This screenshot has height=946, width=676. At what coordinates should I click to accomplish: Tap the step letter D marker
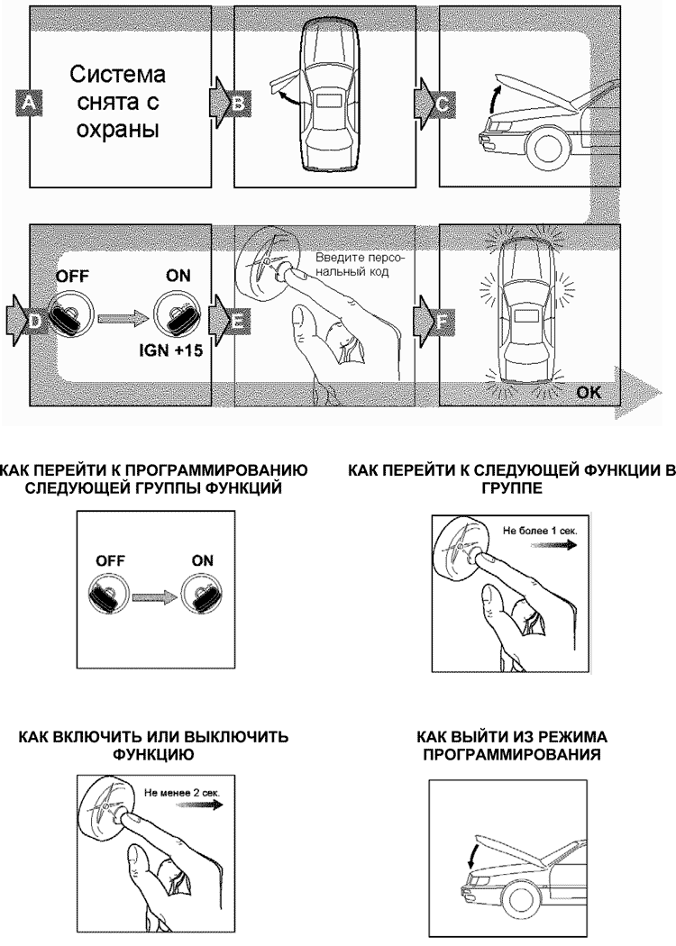click(x=32, y=319)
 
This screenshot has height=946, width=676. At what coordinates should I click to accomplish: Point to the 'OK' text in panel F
click(x=588, y=393)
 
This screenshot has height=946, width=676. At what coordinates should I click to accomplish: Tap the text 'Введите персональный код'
click(x=349, y=264)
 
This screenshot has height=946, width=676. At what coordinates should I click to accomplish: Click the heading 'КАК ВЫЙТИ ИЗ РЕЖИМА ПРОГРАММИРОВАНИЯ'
click(x=513, y=745)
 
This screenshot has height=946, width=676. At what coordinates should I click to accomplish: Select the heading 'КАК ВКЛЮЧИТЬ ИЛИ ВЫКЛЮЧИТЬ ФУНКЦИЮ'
click(x=154, y=745)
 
